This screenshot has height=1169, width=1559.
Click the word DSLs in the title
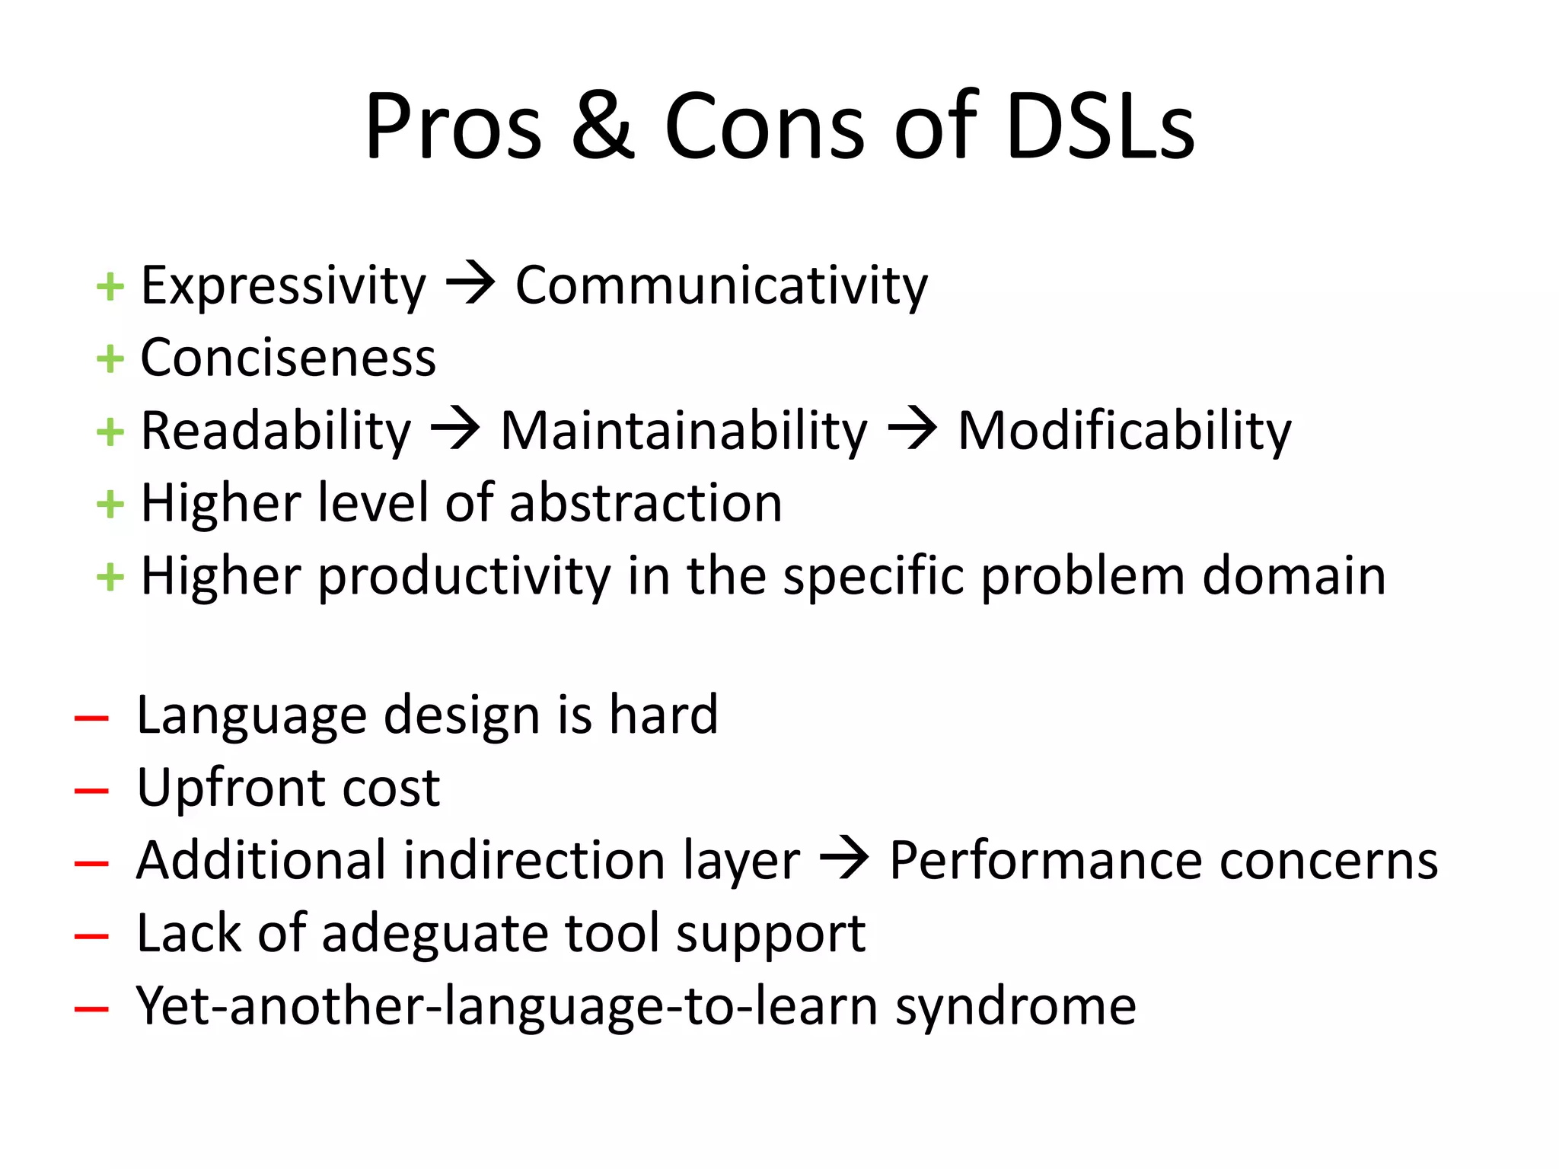(1101, 126)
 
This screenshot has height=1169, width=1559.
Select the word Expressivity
(283, 286)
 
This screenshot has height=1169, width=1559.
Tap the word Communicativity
(722, 286)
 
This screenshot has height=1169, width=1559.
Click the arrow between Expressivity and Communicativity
(470, 283)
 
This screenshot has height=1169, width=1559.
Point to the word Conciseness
(288, 358)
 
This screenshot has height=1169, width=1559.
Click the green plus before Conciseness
(110, 359)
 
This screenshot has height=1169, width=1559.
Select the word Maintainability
(684, 432)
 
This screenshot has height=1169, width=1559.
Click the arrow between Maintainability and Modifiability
(912, 429)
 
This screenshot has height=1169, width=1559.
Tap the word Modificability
(1124, 432)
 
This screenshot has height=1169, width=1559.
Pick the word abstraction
(646, 503)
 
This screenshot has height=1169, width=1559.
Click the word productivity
(464, 577)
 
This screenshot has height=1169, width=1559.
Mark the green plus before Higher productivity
(110, 577)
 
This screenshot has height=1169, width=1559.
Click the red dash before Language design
(91, 718)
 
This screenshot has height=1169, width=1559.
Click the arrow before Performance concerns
(844, 858)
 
